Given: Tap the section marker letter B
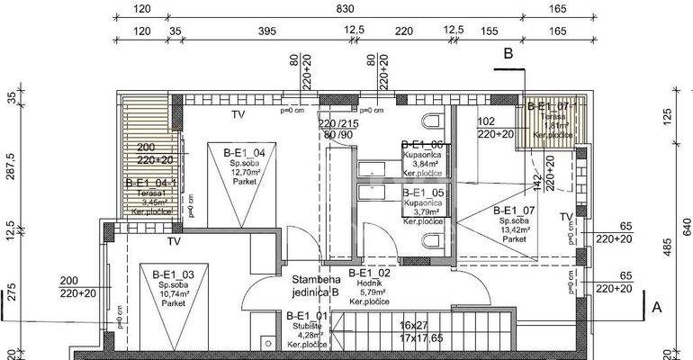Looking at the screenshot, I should click(x=508, y=54).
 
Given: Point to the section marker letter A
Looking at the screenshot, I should click(x=656, y=307).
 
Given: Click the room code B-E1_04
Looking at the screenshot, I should click(x=243, y=154).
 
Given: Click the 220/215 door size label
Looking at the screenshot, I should click(x=337, y=124).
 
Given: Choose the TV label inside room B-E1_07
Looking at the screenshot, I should click(x=565, y=218).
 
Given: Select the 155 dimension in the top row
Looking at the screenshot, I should click(x=490, y=31).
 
